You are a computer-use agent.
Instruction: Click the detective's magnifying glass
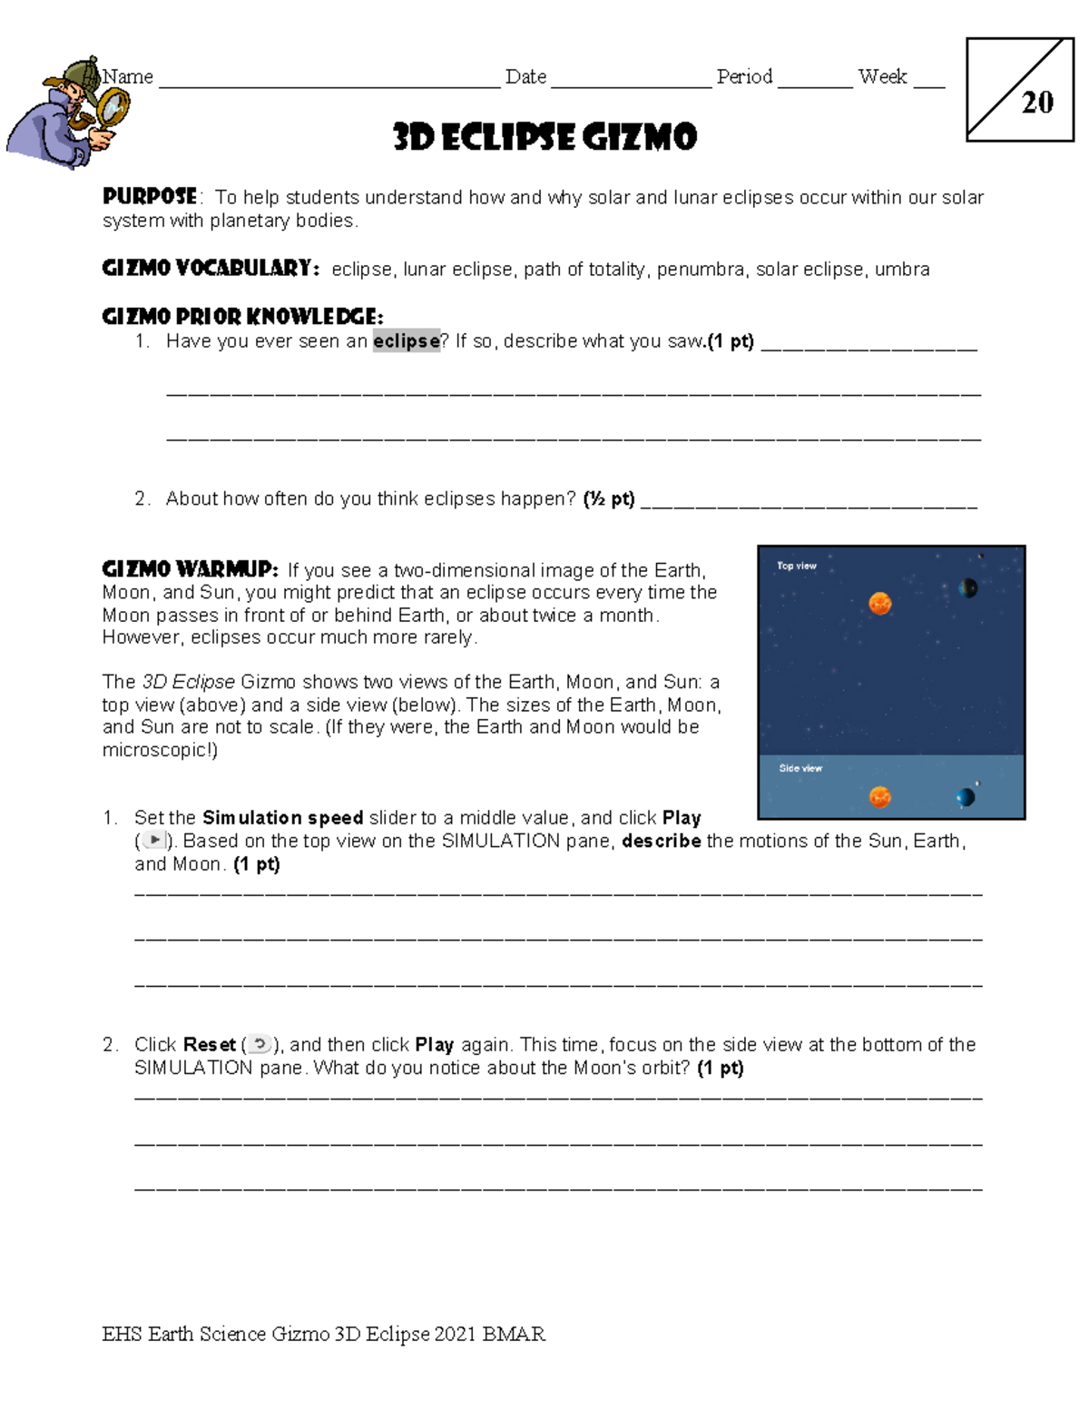pos(113,109)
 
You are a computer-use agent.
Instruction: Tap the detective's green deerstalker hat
pos(83,72)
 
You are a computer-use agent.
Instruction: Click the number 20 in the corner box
pos(1037,103)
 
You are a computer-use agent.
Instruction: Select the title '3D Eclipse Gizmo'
pos(544,138)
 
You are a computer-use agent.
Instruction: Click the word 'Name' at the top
pos(128,77)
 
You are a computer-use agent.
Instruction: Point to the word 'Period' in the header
pos(744,77)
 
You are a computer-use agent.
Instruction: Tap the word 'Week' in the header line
pos(882,77)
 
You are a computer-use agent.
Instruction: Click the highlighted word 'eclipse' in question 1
pos(406,341)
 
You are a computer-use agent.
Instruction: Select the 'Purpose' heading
pos(150,197)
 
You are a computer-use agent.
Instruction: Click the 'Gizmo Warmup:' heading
pos(190,569)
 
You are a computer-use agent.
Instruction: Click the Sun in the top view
pos(879,603)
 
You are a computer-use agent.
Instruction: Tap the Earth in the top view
pos(968,588)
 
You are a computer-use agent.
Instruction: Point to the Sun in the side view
pos(879,797)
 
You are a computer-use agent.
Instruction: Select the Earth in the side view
pos(966,797)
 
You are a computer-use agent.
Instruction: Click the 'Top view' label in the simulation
pos(796,566)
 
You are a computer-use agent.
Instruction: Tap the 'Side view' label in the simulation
pos(800,768)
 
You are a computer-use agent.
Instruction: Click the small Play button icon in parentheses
pos(155,841)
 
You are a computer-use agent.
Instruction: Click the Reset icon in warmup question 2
pos(260,1044)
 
